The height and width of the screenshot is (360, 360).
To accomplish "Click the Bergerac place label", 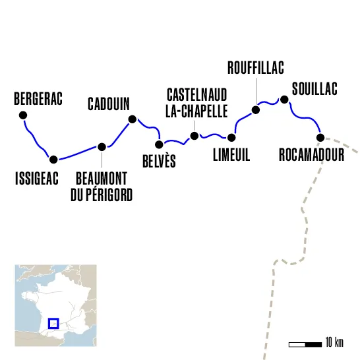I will pyautogui.click(x=38, y=100).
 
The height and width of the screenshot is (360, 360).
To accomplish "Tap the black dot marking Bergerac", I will pyautogui.click(x=23, y=115).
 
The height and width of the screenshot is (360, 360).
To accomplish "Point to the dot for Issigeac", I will pyautogui.click(x=53, y=158).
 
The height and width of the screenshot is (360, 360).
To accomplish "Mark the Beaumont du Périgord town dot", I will pyautogui.click(x=102, y=147).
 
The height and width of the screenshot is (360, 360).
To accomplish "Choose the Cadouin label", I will pyautogui.click(x=109, y=104).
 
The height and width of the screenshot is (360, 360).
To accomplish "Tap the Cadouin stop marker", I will pyautogui.click(x=132, y=119).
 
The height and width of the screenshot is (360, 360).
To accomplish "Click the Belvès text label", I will pyautogui.click(x=159, y=161).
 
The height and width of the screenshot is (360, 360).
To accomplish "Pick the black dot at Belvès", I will pyautogui.click(x=159, y=144).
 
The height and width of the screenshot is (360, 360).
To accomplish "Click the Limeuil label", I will pyautogui.click(x=231, y=155).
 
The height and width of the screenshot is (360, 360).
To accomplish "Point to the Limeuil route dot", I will pyautogui.click(x=231, y=137).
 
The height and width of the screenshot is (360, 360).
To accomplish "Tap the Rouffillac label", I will pyautogui.click(x=255, y=67).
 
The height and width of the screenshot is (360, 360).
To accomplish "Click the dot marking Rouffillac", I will pyautogui.click(x=256, y=109).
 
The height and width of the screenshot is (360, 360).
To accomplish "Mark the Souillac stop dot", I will pyautogui.click(x=284, y=100).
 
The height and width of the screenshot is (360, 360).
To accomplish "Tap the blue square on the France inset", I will pyautogui.click(x=54, y=322).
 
